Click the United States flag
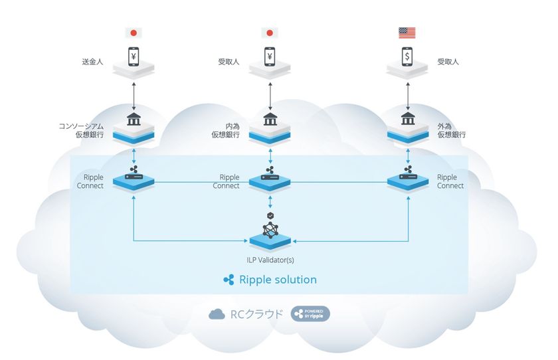(407, 32)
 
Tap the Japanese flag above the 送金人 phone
(134, 32)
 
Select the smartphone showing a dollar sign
(407, 56)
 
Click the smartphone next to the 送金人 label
(134, 56)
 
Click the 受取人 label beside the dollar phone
(448, 62)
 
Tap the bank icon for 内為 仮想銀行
(270, 119)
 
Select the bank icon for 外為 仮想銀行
(407, 119)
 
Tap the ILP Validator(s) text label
(270, 258)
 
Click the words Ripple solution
(278, 280)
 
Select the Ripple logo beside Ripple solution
(229, 280)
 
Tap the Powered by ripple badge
(310, 314)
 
